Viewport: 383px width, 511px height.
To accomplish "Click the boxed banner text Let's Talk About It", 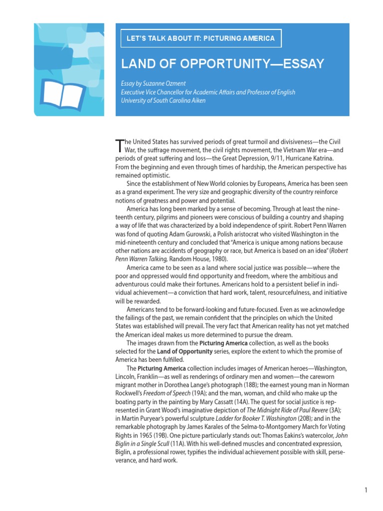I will click(x=201, y=38).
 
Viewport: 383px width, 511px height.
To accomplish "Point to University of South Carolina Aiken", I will click(x=163, y=100).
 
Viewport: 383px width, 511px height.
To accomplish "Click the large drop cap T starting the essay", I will click(x=119, y=145).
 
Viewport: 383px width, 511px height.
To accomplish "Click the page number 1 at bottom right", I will click(x=366, y=490).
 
